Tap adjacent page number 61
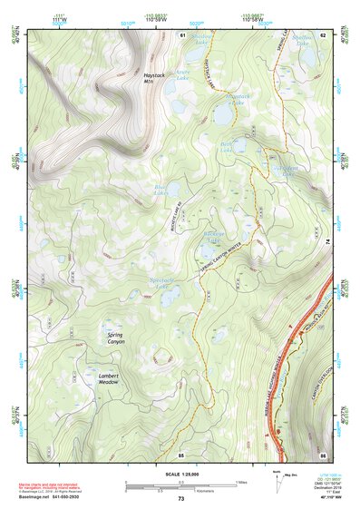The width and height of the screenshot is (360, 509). coord(182,34)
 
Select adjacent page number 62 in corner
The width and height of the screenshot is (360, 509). coord(322,34)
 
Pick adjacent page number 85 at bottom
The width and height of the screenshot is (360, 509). coord(181,454)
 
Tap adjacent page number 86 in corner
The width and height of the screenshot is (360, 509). coord(322,454)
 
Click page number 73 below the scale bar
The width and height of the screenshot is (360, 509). coord(180,499)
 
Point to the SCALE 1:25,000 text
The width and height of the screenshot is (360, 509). coord(180,475)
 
